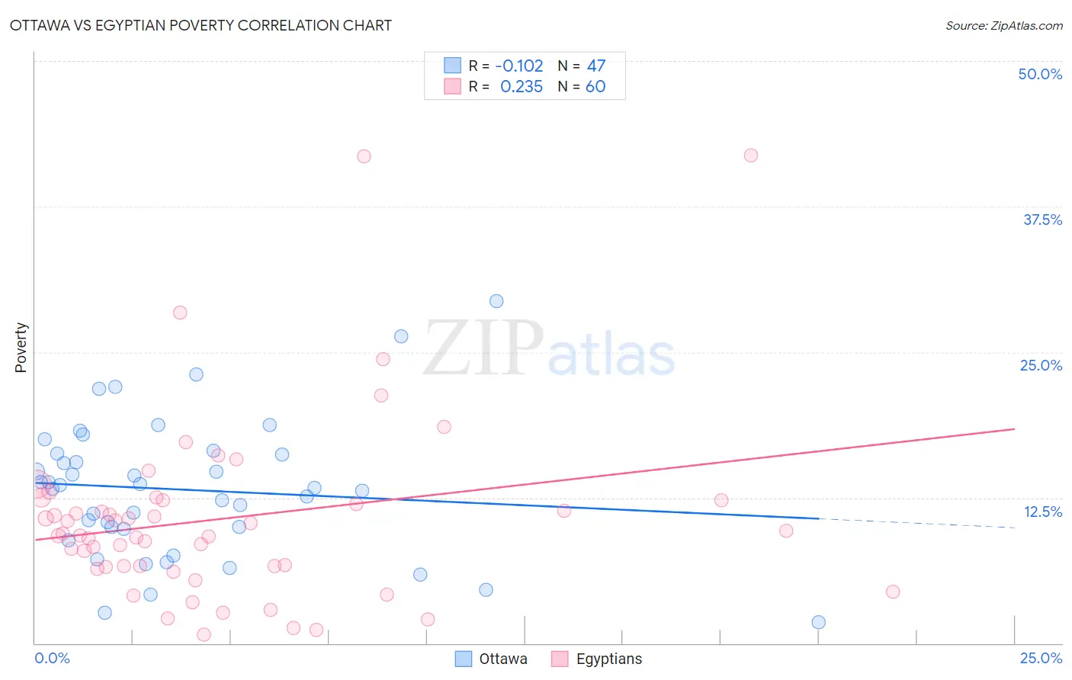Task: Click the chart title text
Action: click(x=201, y=25)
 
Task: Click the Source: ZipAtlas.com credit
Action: click(x=1003, y=25)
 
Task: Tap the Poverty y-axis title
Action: click(x=21, y=348)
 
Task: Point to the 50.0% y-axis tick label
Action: click(x=1040, y=74)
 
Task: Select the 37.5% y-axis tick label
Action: click(x=1042, y=220)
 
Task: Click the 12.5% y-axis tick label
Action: click(x=1042, y=512)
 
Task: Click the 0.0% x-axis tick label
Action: click(x=52, y=658)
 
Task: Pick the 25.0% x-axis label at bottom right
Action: click(x=1041, y=658)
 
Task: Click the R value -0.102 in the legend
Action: click(x=518, y=66)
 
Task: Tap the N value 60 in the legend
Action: click(x=595, y=87)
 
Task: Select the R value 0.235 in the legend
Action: click(x=522, y=87)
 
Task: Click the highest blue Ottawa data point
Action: click(x=496, y=301)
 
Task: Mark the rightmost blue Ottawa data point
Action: click(x=818, y=622)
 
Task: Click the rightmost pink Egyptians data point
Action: click(x=893, y=592)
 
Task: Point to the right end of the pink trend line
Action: click(x=1014, y=429)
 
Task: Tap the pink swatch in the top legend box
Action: click(x=453, y=86)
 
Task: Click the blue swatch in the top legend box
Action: click(x=453, y=66)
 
